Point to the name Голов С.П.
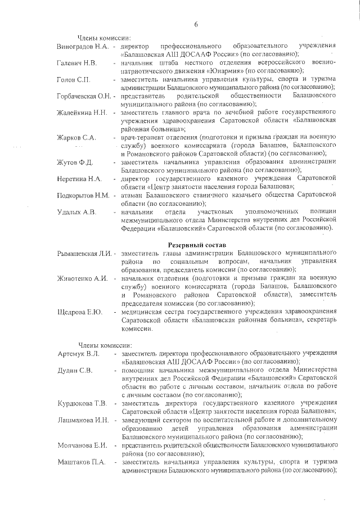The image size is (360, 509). (74, 80)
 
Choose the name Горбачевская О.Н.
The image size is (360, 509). (85, 97)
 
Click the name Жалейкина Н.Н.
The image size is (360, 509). (82, 114)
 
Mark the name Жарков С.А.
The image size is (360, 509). (76, 138)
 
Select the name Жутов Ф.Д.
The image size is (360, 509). (75, 163)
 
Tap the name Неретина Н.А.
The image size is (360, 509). (79, 179)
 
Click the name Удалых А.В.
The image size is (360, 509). (77, 212)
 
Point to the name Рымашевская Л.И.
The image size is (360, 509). (85, 255)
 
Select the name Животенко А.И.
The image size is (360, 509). (82, 280)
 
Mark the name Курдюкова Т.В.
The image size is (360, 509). (82, 403)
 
